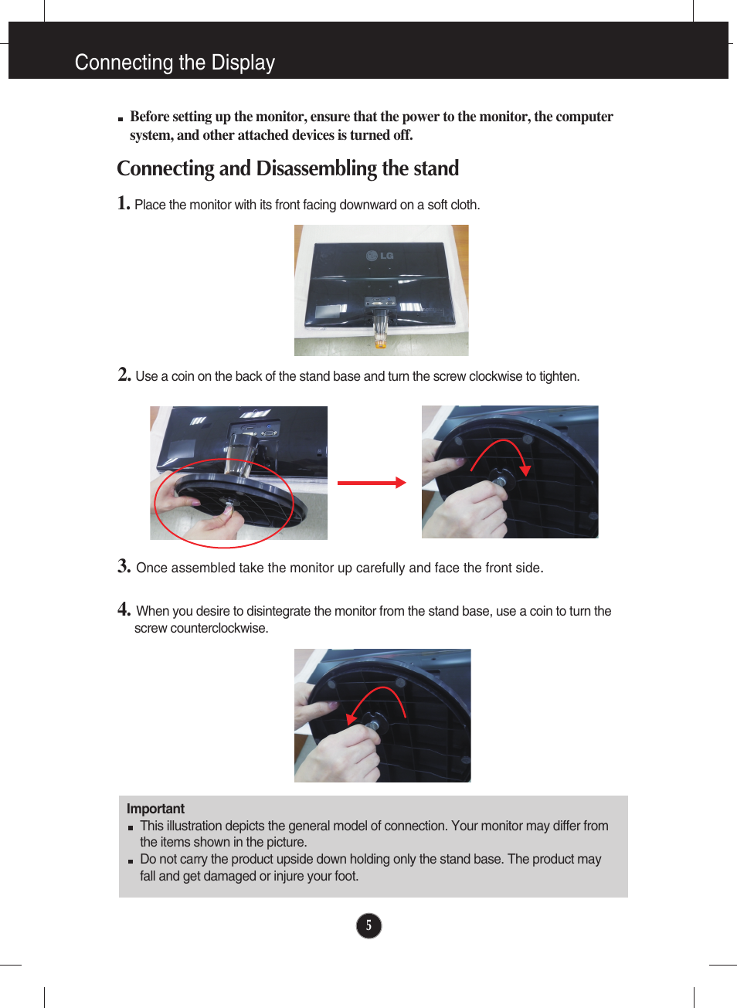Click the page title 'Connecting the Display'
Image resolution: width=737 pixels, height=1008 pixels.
(x=175, y=63)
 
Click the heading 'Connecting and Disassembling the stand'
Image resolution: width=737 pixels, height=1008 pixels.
(x=287, y=168)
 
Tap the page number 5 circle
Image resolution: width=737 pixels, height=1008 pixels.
(x=368, y=925)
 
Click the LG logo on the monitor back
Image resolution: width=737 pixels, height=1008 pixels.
(x=380, y=256)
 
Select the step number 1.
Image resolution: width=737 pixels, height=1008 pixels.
(x=124, y=203)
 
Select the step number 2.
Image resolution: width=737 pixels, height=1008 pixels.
(x=124, y=375)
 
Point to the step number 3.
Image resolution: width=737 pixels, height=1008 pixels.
(x=124, y=566)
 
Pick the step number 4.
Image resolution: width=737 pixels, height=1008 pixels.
(x=124, y=609)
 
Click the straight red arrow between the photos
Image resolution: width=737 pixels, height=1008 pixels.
(x=372, y=483)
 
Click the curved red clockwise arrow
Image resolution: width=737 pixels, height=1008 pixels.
(x=502, y=452)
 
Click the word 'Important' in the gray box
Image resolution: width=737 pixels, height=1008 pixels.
(x=155, y=809)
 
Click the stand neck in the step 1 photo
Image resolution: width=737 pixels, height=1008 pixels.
(x=379, y=328)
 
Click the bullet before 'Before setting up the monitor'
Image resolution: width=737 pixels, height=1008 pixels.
(x=121, y=120)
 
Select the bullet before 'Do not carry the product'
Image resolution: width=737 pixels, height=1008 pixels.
(x=131, y=860)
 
